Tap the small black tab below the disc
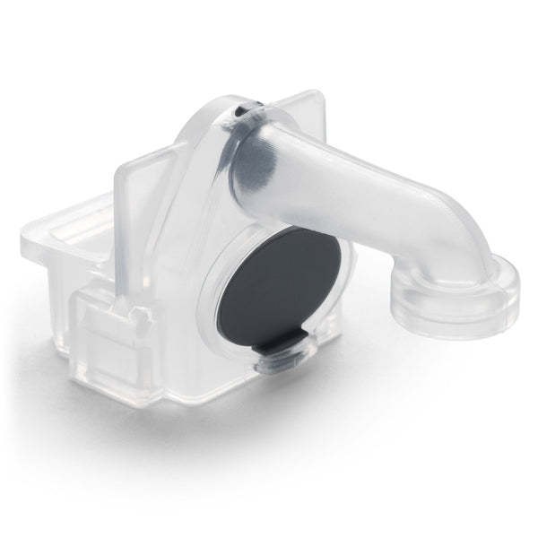coord(280,344)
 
